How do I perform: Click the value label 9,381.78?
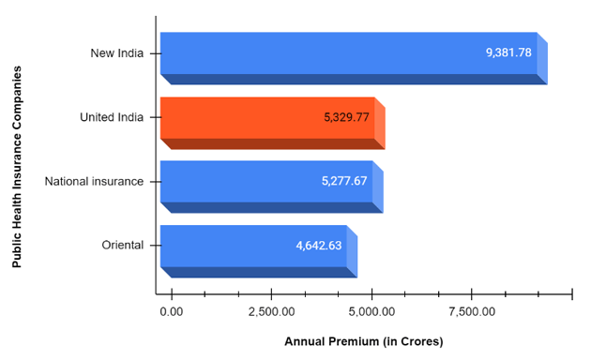(508, 52)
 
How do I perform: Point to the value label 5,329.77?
(346, 117)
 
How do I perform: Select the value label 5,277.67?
(344, 181)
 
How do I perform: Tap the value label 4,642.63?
(319, 246)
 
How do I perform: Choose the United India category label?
(112, 117)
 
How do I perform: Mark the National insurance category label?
(95, 181)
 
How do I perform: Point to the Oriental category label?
(123, 246)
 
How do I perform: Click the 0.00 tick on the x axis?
(172, 310)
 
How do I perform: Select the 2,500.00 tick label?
(270, 310)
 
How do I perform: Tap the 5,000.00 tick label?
(372, 310)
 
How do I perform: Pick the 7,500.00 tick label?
(473, 310)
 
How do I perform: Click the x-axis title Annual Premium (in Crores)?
(364, 341)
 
